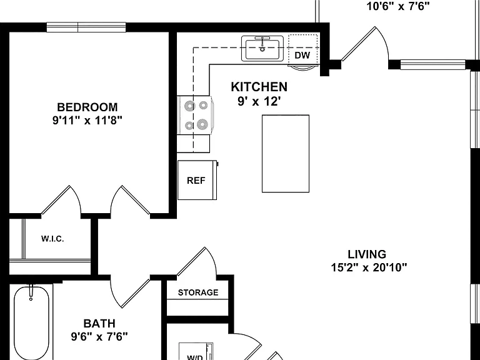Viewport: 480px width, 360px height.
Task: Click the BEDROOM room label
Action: [x=87, y=107]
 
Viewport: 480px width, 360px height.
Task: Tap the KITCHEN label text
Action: [x=259, y=87]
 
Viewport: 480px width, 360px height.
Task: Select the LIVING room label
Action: [x=367, y=254]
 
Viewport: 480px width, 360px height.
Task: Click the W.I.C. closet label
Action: [x=52, y=239]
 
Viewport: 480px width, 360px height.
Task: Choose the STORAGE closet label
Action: [x=198, y=292]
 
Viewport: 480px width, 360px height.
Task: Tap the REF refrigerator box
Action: [x=197, y=180]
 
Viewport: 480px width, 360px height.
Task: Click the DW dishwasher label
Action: [x=302, y=56]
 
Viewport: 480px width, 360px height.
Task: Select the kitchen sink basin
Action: [x=262, y=48]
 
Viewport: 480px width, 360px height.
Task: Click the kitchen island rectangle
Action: [x=286, y=154]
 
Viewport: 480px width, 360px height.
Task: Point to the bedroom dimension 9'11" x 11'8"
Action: [x=87, y=121]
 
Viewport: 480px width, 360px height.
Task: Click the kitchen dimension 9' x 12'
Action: [x=259, y=101]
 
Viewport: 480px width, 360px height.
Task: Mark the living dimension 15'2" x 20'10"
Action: [x=369, y=268]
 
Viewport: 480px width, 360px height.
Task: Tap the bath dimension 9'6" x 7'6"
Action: [x=99, y=337]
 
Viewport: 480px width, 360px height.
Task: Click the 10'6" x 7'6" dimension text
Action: [x=398, y=6]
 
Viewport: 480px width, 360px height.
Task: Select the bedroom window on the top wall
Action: [x=86, y=27]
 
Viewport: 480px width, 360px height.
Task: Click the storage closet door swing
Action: [x=196, y=262]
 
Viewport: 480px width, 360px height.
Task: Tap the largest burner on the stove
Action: [x=202, y=124]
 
